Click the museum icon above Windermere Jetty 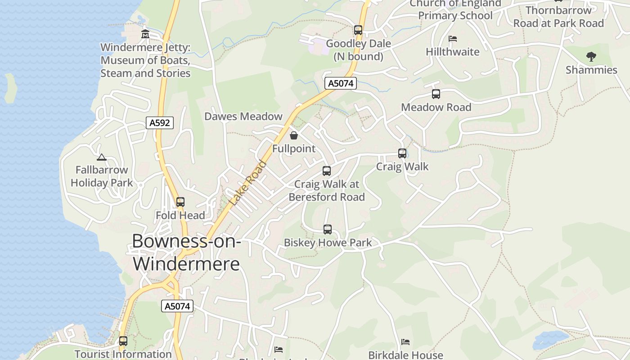pyautogui.click(x=145, y=34)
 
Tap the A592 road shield pyautogui.click(x=160, y=122)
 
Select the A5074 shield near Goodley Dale pyautogui.click(x=341, y=83)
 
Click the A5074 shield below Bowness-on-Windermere pyautogui.click(x=177, y=306)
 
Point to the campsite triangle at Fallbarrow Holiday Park pyautogui.click(x=102, y=157)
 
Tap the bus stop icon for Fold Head pyautogui.click(x=180, y=202)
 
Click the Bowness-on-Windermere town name pyautogui.click(x=186, y=252)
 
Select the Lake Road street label pyautogui.click(x=248, y=183)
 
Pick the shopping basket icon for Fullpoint pyautogui.click(x=294, y=135)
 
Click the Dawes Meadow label pyautogui.click(x=243, y=117)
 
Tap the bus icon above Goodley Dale pyautogui.click(x=358, y=30)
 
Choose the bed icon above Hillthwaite pyautogui.click(x=453, y=39)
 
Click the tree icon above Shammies pyautogui.click(x=591, y=57)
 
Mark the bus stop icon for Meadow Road pyautogui.click(x=436, y=94)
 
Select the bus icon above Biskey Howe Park pyautogui.click(x=328, y=229)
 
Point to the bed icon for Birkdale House pyautogui.click(x=405, y=342)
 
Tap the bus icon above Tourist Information pyautogui.click(x=123, y=341)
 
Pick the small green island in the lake pyautogui.click(x=10, y=88)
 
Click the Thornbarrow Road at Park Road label pyautogui.click(x=558, y=17)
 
